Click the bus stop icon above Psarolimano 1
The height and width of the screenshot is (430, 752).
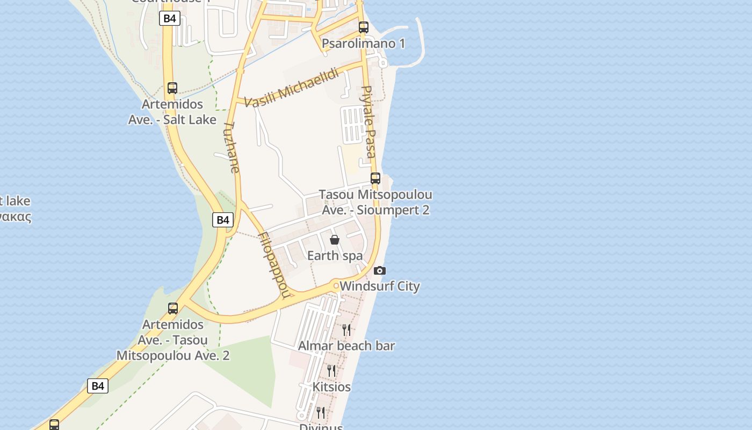point(364,27)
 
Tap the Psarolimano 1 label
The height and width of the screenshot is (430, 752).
point(364,44)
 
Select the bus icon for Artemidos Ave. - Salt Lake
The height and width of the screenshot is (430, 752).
point(172,88)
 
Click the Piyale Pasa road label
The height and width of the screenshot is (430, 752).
point(368,121)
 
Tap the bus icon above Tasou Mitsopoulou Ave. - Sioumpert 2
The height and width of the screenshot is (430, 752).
point(375,178)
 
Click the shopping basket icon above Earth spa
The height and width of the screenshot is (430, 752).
point(335,240)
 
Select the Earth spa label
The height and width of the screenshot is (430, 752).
point(335,255)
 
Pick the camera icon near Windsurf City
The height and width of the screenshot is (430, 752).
point(380,270)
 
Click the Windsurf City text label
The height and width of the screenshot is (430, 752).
point(380,286)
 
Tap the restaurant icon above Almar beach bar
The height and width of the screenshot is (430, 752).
point(346,329)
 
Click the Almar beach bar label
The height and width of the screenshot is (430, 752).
point(346,346)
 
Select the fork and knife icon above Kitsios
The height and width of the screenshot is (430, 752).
point(331,370)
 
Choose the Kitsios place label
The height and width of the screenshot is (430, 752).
point(331,387)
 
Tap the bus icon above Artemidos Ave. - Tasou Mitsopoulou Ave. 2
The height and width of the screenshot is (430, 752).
point(173,309)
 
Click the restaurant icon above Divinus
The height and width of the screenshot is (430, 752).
point(321,412)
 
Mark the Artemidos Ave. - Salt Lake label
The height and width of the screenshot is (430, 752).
point(172,112)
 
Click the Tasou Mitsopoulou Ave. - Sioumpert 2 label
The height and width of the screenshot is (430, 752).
point(375,202)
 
